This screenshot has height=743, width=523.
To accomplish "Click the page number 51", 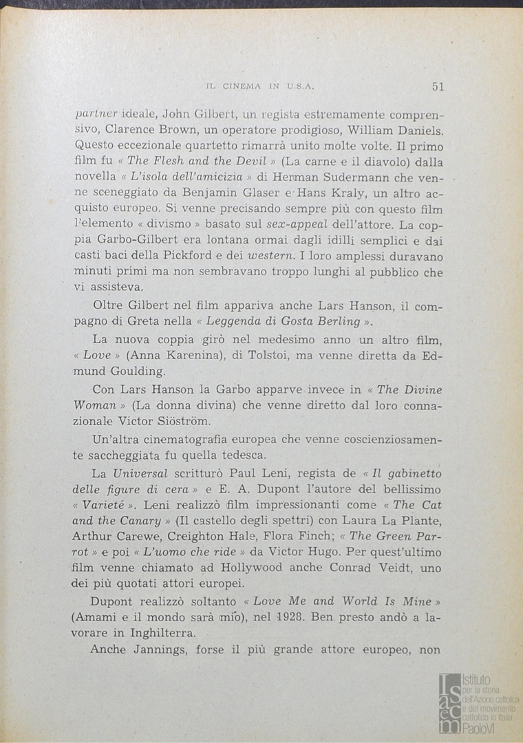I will coord(438,86).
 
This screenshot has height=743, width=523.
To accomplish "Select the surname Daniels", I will coord(416,129).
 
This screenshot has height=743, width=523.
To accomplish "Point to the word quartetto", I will coord(224,146).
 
